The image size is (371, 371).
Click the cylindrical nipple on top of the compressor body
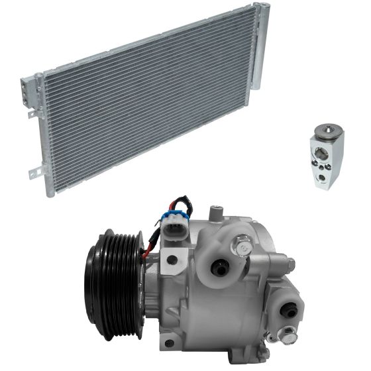point(216,213)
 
